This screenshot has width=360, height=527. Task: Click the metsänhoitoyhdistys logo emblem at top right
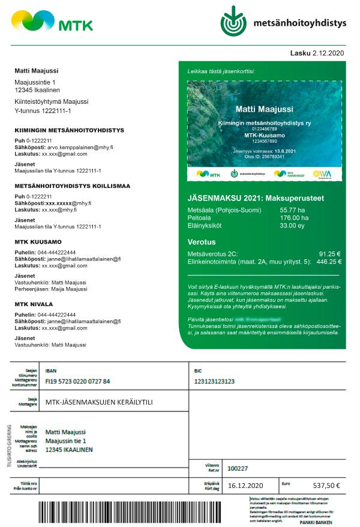pos(233,20)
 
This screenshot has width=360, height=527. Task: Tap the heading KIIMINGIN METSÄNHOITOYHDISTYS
pos(69,130)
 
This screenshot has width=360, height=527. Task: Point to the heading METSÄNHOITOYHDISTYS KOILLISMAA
pos(72,186)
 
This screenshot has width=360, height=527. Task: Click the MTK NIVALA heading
pos(37,304)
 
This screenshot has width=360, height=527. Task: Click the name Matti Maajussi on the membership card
pos(265,109)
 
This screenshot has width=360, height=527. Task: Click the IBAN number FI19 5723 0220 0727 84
pos(77,381)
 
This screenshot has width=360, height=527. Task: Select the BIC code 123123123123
pos(214,381)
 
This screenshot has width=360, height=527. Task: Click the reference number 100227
pos(238,468)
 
